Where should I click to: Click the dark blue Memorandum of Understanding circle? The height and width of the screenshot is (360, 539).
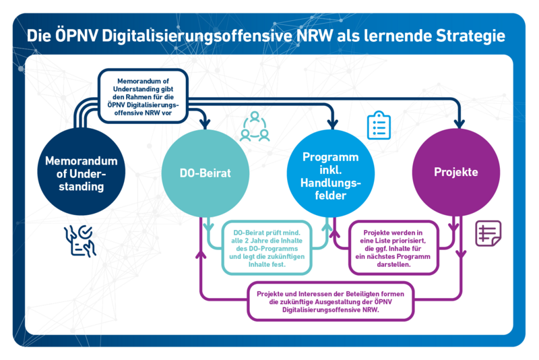81,172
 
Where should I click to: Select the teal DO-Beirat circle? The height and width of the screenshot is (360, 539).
205,173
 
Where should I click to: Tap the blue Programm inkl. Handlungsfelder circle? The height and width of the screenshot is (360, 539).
331,173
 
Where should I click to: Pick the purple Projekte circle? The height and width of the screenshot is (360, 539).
456,173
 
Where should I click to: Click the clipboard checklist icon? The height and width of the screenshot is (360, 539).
379,125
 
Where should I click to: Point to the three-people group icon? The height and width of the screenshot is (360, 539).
255,127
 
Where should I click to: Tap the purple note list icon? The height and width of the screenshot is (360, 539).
488,233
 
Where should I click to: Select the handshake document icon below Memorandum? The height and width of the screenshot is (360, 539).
80,241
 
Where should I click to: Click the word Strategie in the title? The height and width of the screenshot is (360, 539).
470,36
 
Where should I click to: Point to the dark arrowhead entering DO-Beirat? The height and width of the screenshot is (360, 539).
205,124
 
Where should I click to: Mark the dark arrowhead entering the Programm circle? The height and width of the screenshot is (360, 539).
332,124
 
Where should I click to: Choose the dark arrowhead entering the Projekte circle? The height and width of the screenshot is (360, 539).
459,124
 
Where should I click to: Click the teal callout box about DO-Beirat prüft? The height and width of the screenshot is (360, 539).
267,248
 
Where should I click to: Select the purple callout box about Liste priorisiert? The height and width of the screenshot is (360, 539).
393,248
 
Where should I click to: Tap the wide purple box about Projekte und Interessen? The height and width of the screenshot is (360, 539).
330,301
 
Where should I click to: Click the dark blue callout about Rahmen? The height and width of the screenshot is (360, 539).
143,96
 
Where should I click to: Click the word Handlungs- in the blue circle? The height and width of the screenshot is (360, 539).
331,183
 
